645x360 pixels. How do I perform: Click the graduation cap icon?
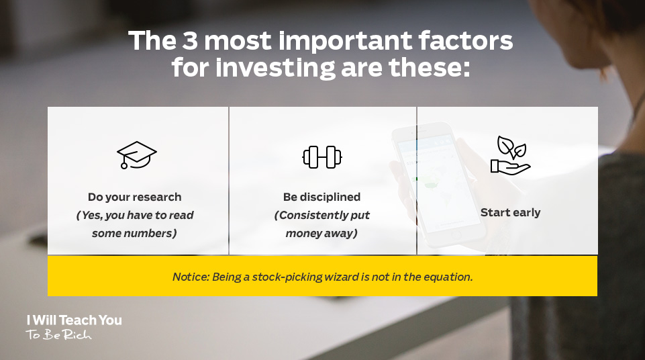(x=136, y=154)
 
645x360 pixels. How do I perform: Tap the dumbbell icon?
(x=322, y=157)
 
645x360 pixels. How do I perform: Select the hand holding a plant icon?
(x=510, y=156)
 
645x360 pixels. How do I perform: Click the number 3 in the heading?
(x=190, y=41)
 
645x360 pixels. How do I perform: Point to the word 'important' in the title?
(x=345, y=42)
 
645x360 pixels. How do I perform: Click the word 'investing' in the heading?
(x=275, y=68)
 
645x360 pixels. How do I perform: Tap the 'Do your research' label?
(x=134, y=197)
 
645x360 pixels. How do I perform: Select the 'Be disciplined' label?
(x=321, y=197)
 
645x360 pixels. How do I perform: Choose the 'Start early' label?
(x=511, y=213)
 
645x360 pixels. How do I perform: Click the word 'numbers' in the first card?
(x=154, y=233)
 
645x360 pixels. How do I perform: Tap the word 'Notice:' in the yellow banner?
(x=191, y=277)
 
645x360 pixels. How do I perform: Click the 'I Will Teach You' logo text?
(x=75, y=320)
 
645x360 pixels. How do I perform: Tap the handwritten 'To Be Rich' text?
(x=59, y=334)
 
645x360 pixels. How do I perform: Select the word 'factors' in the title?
(x=466, y=41)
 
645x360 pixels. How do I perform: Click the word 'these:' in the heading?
(x=429, y=68)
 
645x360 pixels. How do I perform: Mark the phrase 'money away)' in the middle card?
(x=321, y=233)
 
